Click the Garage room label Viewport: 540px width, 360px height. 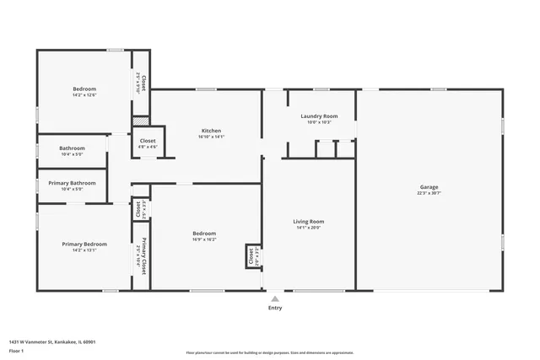coord(429,187)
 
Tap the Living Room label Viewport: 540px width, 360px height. coord(309,222)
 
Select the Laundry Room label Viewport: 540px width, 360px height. coord(319,116)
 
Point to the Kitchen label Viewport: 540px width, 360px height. coord(211,131)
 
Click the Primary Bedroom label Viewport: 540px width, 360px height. coord(84,244)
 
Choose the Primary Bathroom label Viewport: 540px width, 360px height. coord(72,183)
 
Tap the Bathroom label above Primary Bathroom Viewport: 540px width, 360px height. coord(72,148)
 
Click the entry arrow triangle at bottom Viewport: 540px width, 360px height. coord(274,298)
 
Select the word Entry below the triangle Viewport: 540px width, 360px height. coord(275,308)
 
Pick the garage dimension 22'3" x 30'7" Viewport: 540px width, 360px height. coord(429,193)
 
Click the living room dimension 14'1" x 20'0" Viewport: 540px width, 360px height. coord(309,228)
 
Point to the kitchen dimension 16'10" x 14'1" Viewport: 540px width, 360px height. coord(211,137)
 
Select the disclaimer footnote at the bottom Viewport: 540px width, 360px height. coord(270,352)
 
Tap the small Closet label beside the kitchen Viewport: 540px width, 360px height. coord(148,141)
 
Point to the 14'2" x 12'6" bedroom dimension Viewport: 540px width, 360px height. coord(84,95)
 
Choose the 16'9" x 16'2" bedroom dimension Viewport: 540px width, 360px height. coord(204,239)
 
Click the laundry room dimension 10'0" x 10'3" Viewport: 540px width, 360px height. coord(319,122)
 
